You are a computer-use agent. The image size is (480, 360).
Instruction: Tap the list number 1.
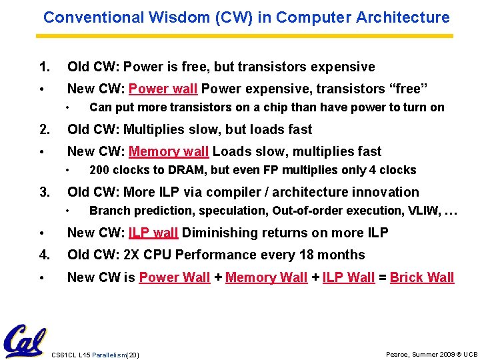tap(44, 67)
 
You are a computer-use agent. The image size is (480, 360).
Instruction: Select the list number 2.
tap(44, 129)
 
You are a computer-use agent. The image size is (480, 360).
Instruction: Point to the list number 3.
tap(44, 193)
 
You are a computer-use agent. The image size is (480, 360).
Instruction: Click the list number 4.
tap(44, 255)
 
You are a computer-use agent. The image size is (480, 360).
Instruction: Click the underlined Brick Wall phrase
tap(421, 277)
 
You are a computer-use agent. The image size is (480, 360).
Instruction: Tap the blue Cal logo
tap(25, 341)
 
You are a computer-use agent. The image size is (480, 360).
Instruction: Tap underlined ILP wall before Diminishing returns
tap(153, 233)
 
